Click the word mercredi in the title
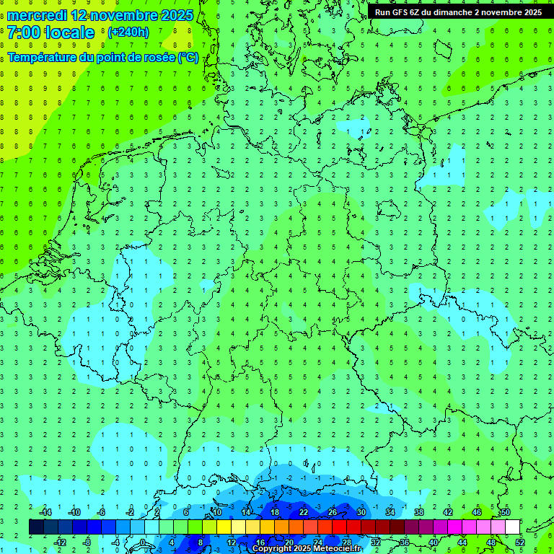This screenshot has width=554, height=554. [x=35, y=15]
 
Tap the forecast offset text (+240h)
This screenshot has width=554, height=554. [x=128, y=32]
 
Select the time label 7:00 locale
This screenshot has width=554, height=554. [x=50, y=32]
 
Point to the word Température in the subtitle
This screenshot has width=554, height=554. [x=44, y=57]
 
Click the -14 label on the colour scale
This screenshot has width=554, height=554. [x=45, y=512]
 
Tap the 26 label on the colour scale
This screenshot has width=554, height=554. [x=333, y=512]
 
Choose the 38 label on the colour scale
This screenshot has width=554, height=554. [x=419, y=512]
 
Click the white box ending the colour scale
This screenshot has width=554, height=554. [x=512, y=527]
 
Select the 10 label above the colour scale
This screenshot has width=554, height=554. [x=216, y=512]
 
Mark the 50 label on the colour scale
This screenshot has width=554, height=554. [x=505, y=512]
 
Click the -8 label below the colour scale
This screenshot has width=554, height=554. [x=87, y=542]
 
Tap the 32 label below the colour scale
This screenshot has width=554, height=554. [x=376, y=542]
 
